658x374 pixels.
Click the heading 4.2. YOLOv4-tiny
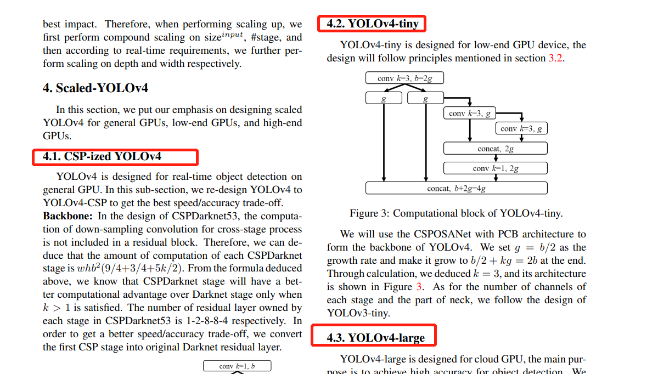[373, 24]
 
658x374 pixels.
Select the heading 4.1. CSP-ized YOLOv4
[102, 157]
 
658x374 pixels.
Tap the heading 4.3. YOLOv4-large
[375, 337]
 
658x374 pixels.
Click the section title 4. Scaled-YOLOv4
[95, 88]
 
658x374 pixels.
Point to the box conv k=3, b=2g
[404, 78]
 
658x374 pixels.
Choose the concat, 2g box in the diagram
[495, 149]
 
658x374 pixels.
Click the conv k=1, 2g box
[495, 168]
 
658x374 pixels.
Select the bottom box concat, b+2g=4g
[456, 188]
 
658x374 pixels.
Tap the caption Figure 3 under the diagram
[456, 213]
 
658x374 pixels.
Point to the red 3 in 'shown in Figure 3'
[419, 287]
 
